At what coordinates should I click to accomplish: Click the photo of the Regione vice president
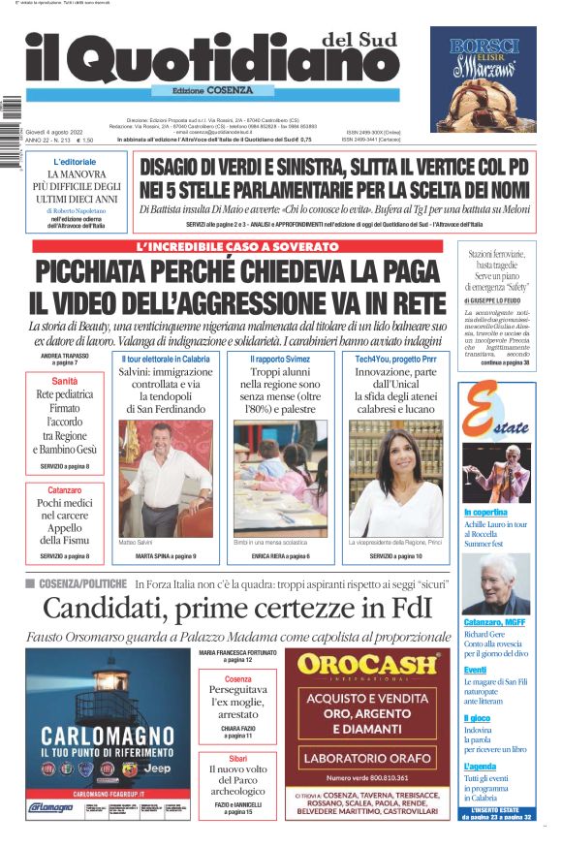395,477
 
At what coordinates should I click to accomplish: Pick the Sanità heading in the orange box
65,382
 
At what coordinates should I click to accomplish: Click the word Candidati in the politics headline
106,610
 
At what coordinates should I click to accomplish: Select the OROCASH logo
366,666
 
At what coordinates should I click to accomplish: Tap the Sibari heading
237,756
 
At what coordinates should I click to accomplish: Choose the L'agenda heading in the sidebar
481,766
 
